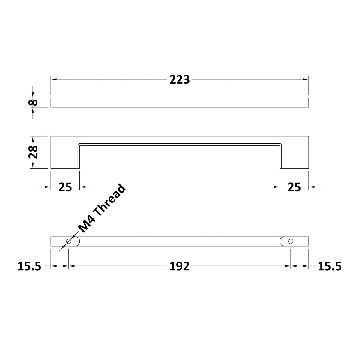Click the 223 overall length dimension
click(x=179, y=79)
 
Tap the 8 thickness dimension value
click(x=33, y=103)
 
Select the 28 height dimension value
click(x=33, y=152)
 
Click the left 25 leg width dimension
click(x=65, y=187)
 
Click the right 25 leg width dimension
click(x=294, y=187)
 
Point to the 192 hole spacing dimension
click(x=179, y=266)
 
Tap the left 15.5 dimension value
click(x=29, y=266)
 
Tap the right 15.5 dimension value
click(x=330, y=266)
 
